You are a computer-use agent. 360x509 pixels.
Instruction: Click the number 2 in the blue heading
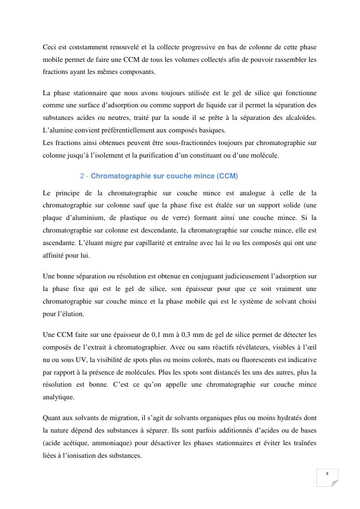(x=82, y=176)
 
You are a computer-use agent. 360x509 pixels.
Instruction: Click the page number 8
(x=327, y=474)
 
